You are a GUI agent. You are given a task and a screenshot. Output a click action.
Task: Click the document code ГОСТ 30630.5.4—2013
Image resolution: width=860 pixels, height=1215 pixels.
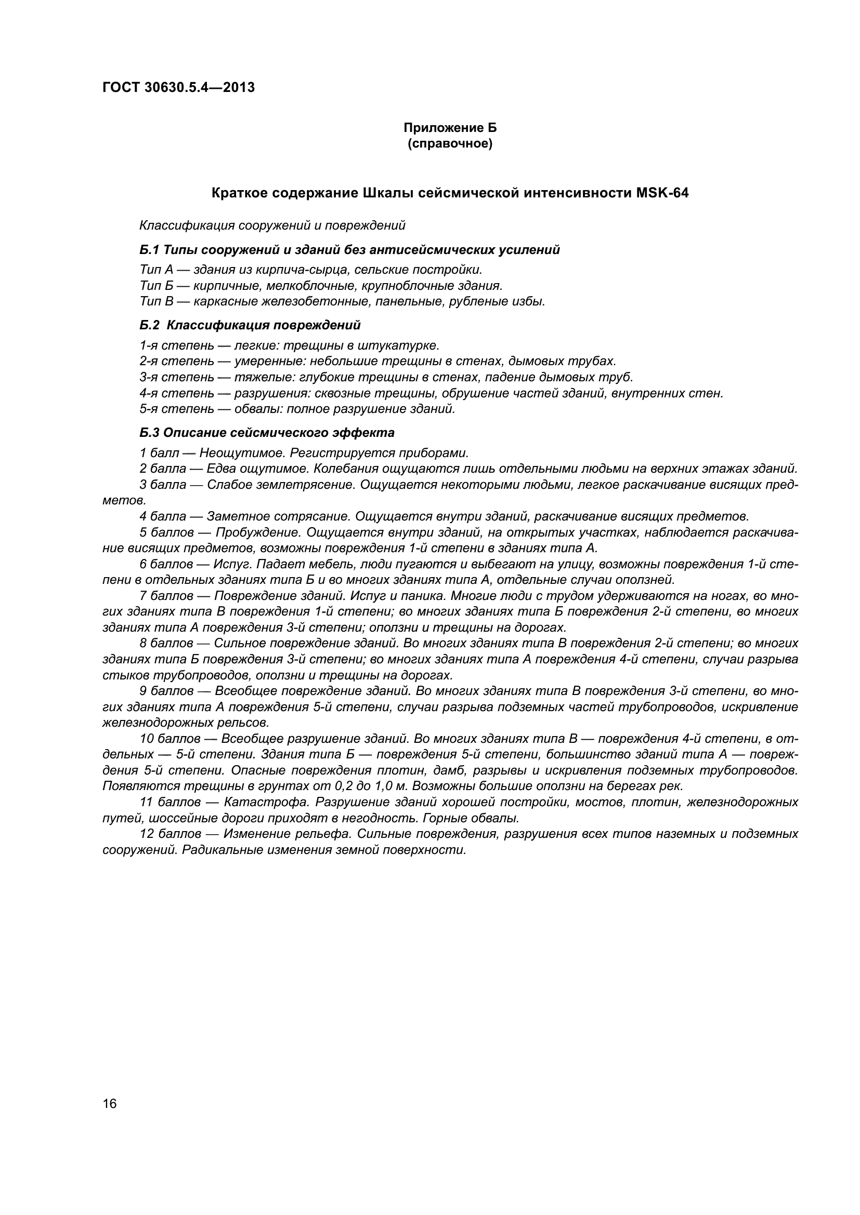coord(178,87)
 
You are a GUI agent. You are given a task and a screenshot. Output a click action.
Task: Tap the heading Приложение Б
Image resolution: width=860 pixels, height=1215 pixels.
coord(450,128)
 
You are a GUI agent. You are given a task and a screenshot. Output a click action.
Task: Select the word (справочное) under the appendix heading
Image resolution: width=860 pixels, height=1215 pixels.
coord(450,144)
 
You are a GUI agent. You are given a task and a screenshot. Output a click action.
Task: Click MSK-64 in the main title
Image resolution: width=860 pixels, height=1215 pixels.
coord(660,193)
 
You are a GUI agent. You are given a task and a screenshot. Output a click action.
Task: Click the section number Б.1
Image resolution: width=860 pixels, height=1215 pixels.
coord(150,250)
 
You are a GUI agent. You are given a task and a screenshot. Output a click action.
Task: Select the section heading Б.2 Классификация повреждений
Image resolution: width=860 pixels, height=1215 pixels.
coord(250,325)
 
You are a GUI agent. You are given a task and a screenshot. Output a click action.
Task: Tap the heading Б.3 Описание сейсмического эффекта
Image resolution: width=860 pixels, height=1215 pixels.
coord(267,433)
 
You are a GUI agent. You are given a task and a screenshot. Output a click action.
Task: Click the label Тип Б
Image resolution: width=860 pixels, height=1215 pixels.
coord(157,286)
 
